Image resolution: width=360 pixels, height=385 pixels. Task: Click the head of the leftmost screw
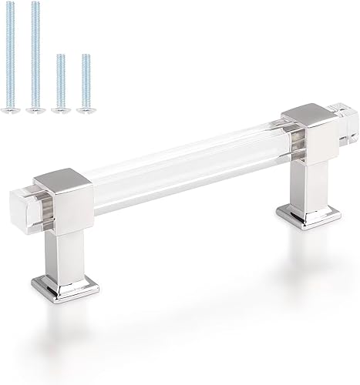point(12,111)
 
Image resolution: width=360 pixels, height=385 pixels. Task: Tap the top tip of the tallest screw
point(35,5)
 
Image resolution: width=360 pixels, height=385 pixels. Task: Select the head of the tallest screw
point(33,111)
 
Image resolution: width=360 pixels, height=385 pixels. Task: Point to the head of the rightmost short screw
point(85,111)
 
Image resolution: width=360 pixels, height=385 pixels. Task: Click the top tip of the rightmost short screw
point(85,55)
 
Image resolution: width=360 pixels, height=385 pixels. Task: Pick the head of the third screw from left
point(59,111)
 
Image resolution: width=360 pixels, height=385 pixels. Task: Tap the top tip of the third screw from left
point(60,55)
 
